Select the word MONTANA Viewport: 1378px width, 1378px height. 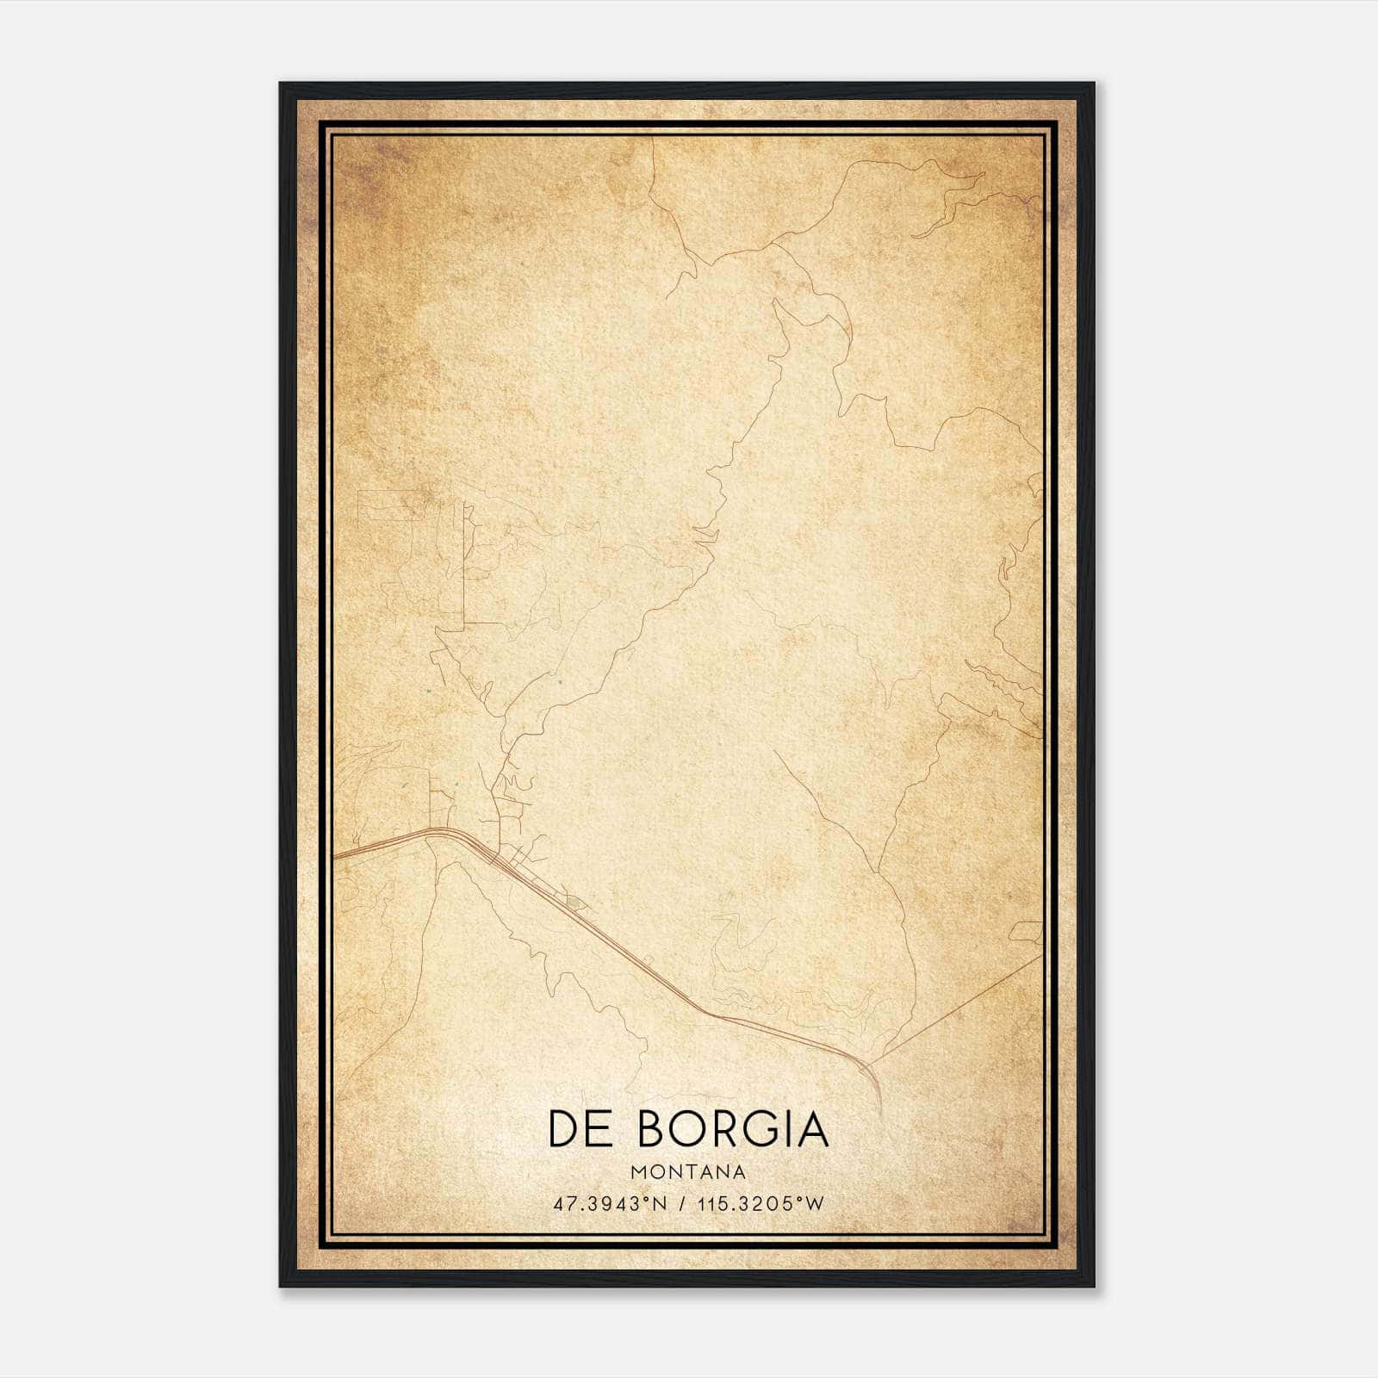(688, 1172)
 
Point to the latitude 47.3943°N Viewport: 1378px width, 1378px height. (611, 1204)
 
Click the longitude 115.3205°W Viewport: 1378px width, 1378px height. (761, 1204)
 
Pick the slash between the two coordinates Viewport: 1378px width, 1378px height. (682, 1204)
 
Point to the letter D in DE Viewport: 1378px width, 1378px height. (564, 1129)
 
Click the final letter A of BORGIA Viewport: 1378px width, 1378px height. (812, 1129)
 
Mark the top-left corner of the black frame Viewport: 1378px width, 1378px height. (281, 84)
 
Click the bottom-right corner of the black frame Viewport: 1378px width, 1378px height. (1094, 1287)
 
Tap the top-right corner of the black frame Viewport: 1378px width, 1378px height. (1094, 84)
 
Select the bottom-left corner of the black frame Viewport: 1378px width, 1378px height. (281, 1287)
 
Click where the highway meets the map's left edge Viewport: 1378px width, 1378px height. (334, 858)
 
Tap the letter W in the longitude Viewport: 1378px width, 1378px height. (816, 1204)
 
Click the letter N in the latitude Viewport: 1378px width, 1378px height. (660, 1204)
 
